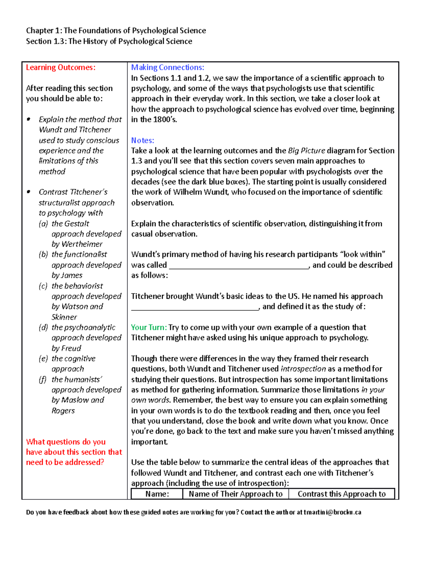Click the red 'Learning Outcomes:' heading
point(60,68)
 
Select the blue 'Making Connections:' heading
point(167,68)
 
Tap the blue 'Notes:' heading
point(142,140)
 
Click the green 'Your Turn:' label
point(149,328)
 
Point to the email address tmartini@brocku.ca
point(332,512)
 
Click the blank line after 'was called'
point(239,266)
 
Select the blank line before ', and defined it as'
point(195,308)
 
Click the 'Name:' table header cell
point(157,494)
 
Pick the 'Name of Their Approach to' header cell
point(235,494)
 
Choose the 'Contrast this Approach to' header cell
point(341,494)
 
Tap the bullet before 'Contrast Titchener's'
point(29,192)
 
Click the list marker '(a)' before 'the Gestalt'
point(43,224)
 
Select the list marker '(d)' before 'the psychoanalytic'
point(43,328)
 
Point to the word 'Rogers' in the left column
point(63,411)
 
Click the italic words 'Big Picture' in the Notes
point(306,151)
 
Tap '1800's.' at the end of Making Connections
point(165,120)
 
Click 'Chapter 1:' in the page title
point(44,31)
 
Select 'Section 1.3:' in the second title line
point(46,42)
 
